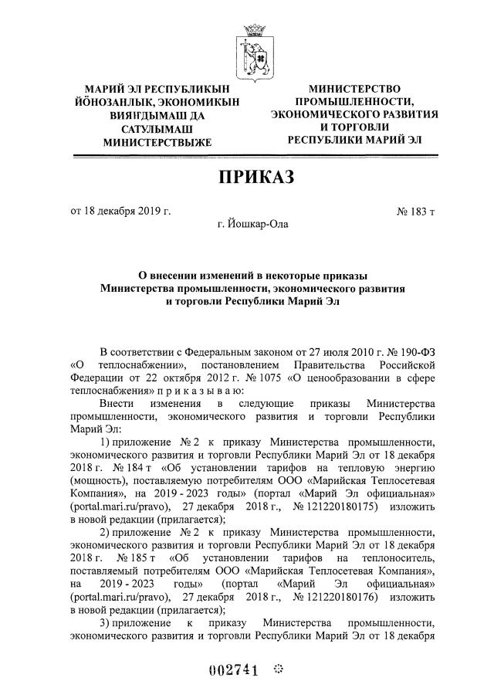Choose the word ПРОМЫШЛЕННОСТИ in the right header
(x=355, y=101)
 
